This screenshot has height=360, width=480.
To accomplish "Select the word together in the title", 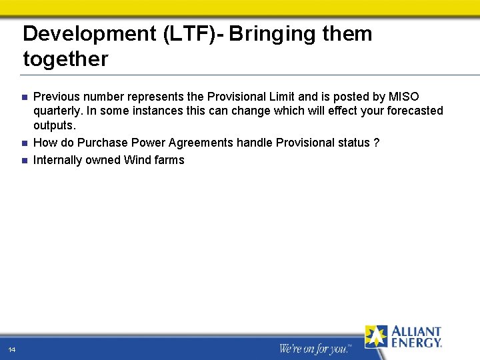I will point(65,59).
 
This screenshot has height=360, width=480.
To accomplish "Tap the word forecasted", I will point(413,111).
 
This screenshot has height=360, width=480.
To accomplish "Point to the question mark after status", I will point(377,143).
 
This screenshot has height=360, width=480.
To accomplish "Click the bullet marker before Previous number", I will point(24,98).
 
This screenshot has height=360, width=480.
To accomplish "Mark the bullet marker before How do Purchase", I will point(24,143).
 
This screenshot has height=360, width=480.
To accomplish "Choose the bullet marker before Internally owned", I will point(24,161).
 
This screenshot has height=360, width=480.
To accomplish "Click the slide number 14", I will point(12,349).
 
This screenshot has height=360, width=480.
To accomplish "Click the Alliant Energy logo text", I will point(416,337).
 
